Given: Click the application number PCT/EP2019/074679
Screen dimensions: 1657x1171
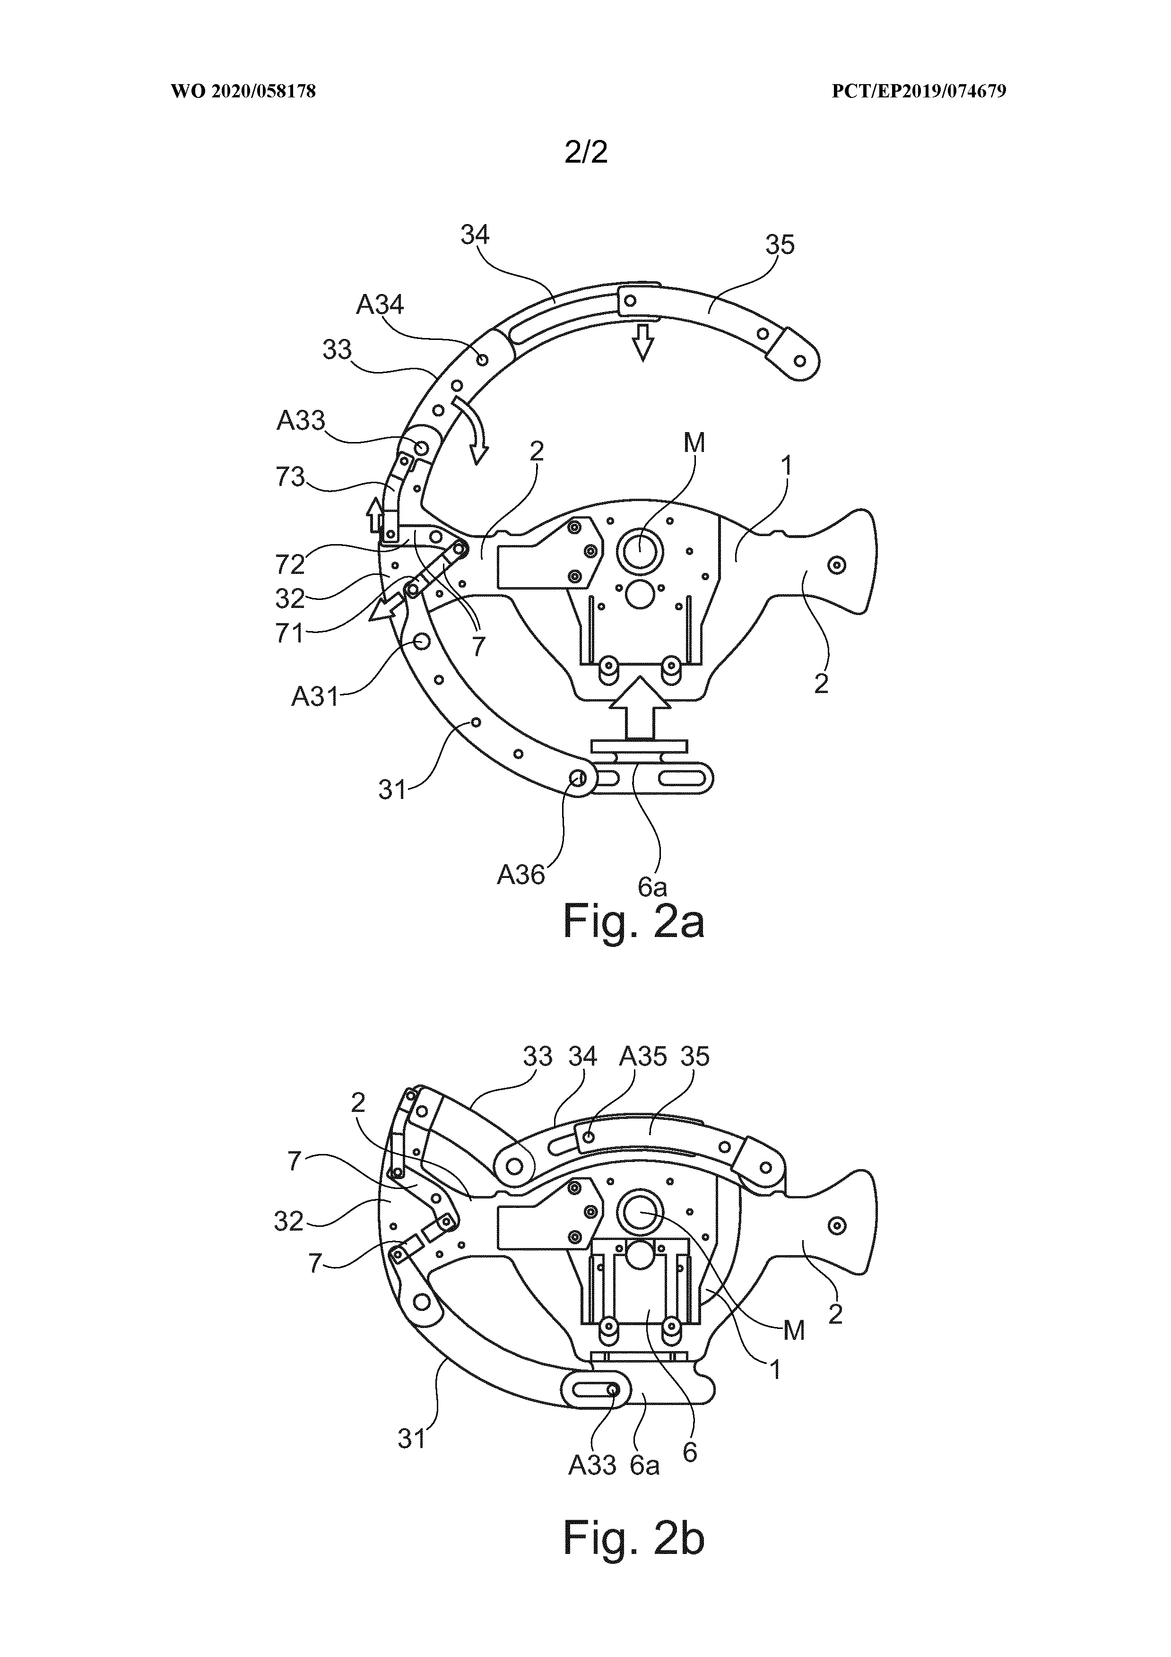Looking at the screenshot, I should coord(919,92).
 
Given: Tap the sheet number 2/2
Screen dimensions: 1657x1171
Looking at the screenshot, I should coord(586,152).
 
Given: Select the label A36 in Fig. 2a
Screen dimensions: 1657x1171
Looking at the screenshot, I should coord(520,875).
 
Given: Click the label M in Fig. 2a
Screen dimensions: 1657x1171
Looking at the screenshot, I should coord(694,443).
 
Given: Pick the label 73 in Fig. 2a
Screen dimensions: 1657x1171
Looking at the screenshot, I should coord(290,477).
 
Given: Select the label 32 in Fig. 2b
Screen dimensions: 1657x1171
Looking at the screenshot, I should coord(288,1221).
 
